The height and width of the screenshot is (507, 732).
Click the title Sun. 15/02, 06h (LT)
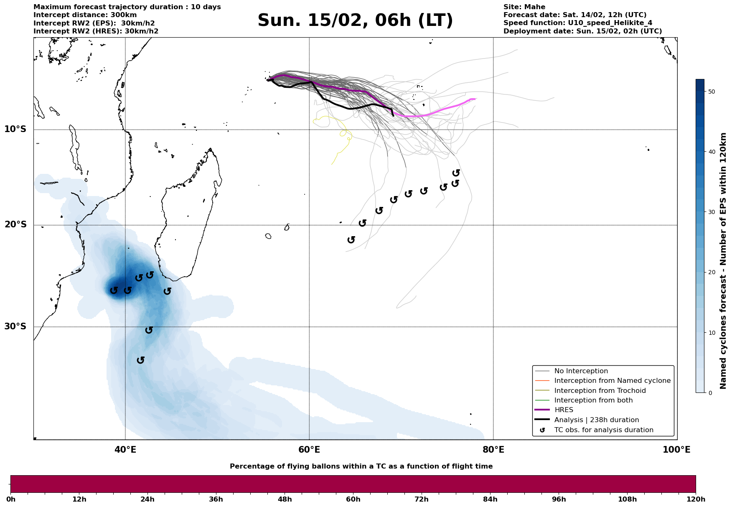pos(355,20)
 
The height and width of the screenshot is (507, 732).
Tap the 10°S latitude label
pos(15,129)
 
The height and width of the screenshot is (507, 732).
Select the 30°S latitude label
pos(15,326)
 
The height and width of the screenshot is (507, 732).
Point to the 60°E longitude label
pos(309,450)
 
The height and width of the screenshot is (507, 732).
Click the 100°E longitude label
pos(676,450)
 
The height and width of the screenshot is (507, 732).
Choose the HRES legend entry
pos(564,410)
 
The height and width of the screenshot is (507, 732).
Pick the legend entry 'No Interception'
pos(581,371)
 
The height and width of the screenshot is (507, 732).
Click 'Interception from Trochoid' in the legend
pos(600,391)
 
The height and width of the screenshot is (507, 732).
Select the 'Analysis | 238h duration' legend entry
pos(596,420)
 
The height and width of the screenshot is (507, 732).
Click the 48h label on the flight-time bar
pos(285,499)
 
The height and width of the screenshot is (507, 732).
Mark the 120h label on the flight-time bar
pos(695,499)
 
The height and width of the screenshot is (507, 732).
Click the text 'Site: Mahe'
pos(524,7)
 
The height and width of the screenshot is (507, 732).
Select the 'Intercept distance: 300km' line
pos(79,15)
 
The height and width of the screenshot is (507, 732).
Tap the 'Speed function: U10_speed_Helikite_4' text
pos(577,23)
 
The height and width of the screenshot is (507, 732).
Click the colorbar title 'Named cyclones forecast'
pos(723,261)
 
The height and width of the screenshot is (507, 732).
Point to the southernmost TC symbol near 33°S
pos(141,360)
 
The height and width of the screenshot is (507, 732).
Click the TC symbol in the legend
pos(542,430)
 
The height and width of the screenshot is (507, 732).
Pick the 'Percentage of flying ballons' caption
pos(361,466)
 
